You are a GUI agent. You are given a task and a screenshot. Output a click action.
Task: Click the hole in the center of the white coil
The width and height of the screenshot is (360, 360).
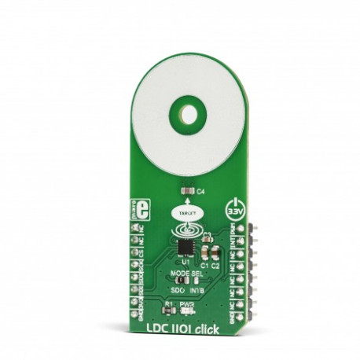tap(189, 115)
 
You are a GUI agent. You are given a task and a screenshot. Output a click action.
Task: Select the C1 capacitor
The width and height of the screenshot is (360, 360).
tap(206, 252)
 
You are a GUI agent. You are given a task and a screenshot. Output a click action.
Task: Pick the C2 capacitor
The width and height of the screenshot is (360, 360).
tap(216, 252)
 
